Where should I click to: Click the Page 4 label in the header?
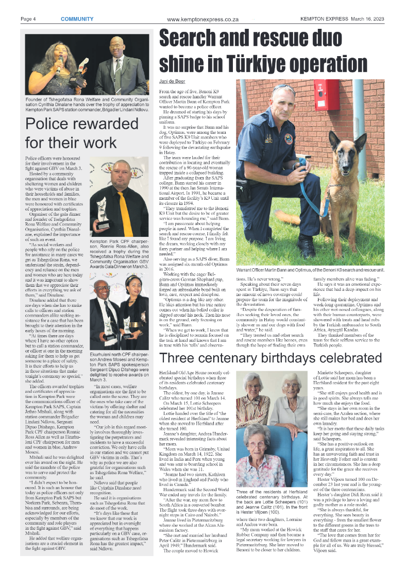(28, 19)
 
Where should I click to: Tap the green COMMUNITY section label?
(77, 19)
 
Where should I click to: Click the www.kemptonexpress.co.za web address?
(202, 20)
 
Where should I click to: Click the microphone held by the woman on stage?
(60, 60)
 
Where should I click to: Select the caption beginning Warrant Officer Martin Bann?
(310, 270)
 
